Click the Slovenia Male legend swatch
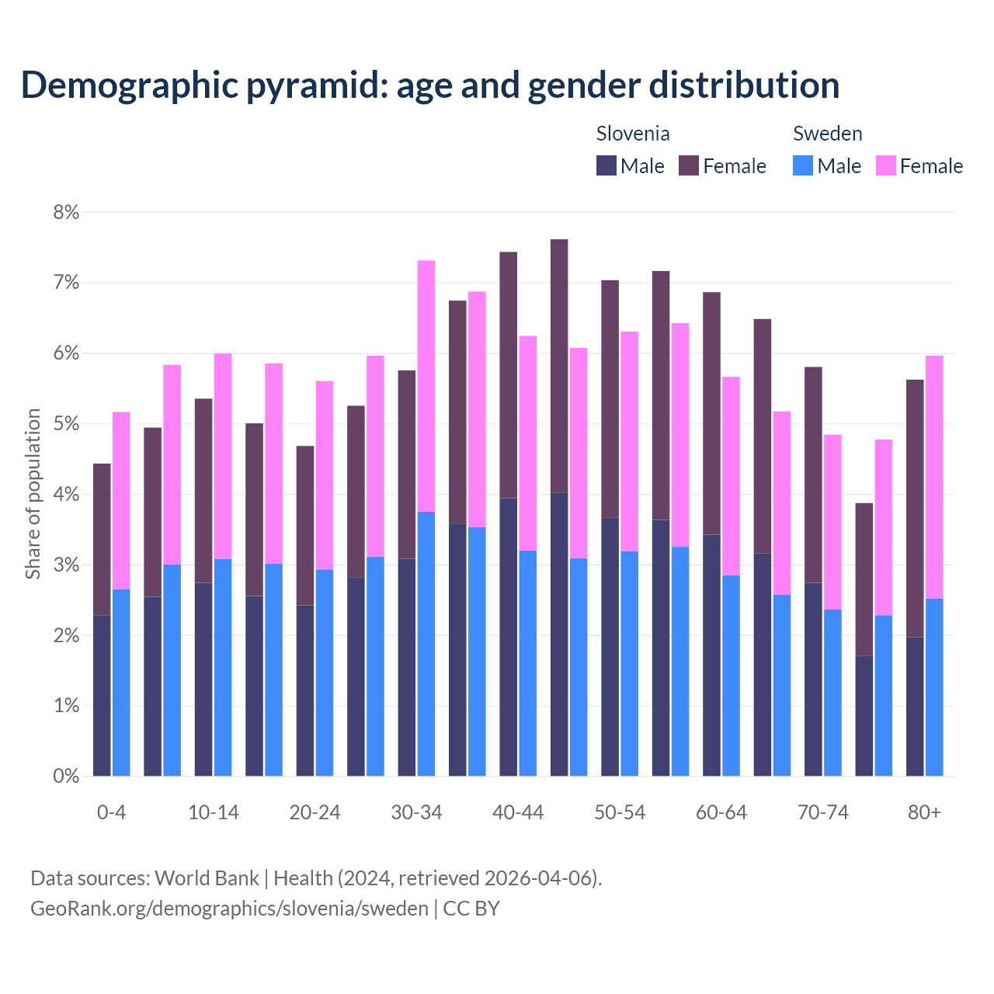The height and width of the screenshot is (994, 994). point(606,165)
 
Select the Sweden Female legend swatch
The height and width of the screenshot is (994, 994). point(886,165)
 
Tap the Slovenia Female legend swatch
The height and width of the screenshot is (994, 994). point(689,165)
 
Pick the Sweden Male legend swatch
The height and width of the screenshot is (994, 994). point(803,165)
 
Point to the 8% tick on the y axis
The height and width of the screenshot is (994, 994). point(66,212)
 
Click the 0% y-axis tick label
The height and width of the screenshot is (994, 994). point(66,776)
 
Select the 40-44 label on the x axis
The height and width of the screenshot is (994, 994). point(518,812)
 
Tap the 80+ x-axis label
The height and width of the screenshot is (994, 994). point(924,812)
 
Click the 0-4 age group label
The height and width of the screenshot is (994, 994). point(111,812)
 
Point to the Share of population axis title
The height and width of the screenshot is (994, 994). point(33,494)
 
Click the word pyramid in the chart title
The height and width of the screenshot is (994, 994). point(316,85)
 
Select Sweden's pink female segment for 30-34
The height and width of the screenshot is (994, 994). point(426,386)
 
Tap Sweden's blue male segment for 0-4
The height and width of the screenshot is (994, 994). point(121,683)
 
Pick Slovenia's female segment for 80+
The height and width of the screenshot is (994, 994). point(915,508)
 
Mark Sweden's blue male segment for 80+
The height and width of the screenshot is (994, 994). point(934,687)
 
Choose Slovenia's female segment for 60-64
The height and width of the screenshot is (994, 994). point(711,413)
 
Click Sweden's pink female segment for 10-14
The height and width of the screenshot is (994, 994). point(223,456)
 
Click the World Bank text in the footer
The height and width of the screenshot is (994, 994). point(207,878)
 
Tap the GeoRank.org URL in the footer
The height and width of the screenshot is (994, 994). point(229,908)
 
